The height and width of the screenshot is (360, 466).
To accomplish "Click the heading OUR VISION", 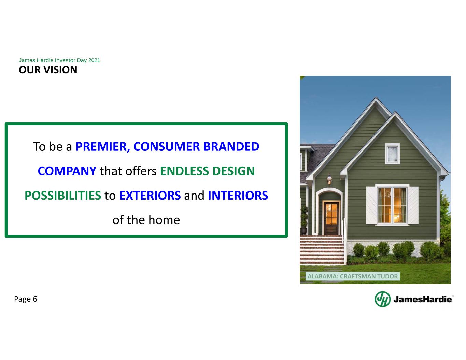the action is pos(48,70).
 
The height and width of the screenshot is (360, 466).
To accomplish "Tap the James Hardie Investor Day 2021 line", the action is pos(59,60).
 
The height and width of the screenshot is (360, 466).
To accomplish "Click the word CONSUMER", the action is pos(166,147).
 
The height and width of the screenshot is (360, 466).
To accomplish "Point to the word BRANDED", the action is pos(231,147).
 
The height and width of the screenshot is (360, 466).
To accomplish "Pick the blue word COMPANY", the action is pos(67,171).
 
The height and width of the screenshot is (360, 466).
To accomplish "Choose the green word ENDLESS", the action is pos(184,171).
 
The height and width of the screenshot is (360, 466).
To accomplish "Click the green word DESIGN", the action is pos(234,171).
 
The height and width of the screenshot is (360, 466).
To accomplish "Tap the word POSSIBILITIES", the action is pos(63,196).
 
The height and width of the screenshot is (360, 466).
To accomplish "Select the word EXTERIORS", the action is pos(150,196).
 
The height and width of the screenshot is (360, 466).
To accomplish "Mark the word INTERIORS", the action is pos(238,196).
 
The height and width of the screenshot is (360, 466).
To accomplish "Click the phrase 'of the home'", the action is pos(146,220).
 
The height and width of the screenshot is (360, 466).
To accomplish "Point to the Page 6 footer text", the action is pos(26,299).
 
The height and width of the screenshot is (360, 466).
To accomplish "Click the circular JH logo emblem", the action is pos(383,299).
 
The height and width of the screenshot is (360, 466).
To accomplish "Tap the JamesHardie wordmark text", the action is pos(423,299).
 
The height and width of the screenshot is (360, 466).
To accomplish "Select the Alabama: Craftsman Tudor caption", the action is pos(353,276).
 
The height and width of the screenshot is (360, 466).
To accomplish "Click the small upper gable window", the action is pos(393,154).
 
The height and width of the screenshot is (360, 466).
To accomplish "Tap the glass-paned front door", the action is pos(331,218).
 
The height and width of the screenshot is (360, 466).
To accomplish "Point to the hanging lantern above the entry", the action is pos(329,179).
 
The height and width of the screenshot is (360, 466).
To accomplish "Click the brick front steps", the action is pos(322,250).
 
